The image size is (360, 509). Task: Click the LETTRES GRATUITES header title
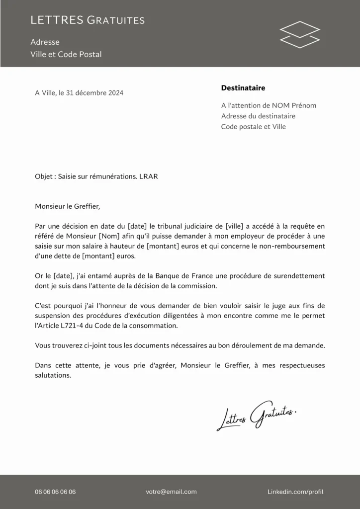pos(88,20)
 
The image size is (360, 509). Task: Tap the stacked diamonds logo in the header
pos(300,34)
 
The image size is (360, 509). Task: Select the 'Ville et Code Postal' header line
pos(66,54)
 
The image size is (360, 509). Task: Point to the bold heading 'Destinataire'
pos(243,88)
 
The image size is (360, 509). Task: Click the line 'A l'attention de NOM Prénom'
pos(269,105)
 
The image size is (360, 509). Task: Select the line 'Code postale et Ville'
pos(254,127)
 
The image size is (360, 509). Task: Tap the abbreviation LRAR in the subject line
pos(149,176)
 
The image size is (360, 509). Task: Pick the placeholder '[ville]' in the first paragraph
pos(235,226)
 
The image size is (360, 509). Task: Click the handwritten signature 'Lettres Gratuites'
pos(257,416)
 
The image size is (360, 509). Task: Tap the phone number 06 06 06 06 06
pos(55,492)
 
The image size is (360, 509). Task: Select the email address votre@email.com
pos(171,492)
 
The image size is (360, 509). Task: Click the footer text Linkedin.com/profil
pos(295,492)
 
